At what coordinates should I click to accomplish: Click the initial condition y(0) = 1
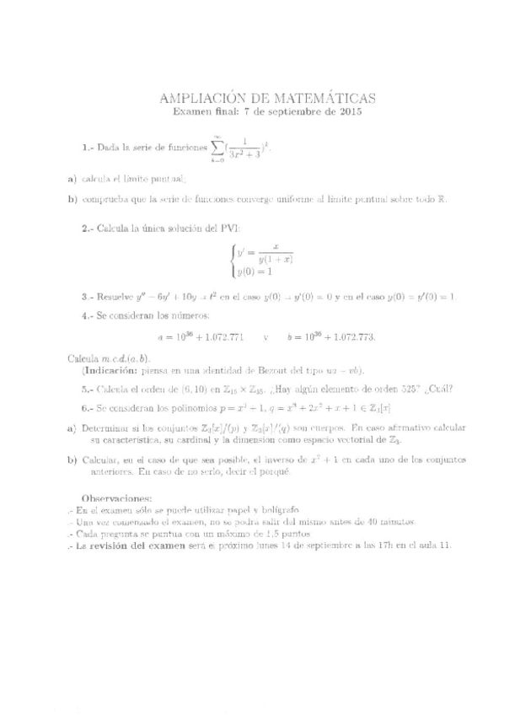(x=253, y=271)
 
